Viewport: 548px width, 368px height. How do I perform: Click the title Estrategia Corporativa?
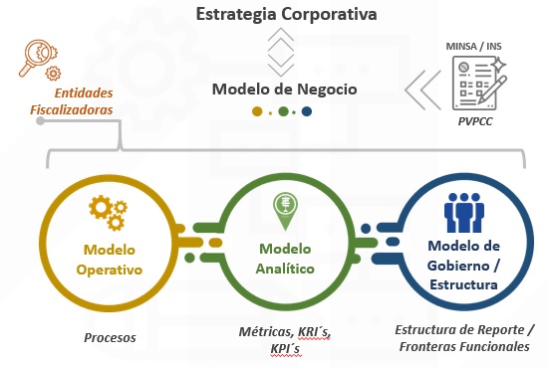[x=286, y=15]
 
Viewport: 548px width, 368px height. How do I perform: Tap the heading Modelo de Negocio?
[x=285, y=89]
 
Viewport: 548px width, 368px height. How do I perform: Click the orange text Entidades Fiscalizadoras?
[x=72, y=101]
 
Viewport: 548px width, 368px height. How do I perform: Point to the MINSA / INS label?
[x=473, y=46]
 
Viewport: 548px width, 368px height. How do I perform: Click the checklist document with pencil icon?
[x=479, y=84]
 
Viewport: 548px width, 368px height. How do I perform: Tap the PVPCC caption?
[x=475, y=121]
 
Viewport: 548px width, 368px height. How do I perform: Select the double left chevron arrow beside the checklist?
[x=422, y=90]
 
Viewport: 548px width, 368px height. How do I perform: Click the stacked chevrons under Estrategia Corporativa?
[x=281, y=53]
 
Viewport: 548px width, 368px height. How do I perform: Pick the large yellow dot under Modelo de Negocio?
[x=257, y=111]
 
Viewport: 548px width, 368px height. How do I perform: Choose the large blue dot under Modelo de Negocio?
[x=307, y=111]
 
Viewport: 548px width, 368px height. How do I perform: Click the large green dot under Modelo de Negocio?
[x=283, y=111]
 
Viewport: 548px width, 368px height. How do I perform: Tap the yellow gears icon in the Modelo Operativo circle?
[x=108, y=213]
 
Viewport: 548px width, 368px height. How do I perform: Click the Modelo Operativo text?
[x=110, y=260]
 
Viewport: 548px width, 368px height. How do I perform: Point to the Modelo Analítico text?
[x=285, y=259]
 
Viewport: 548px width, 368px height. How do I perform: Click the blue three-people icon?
[x=464, y=213]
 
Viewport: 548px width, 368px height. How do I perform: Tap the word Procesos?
[x=110, y=337]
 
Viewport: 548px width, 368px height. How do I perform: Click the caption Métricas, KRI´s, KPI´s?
[x=285, y=340]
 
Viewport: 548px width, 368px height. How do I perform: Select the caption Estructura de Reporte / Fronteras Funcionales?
[x=464, y=338]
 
